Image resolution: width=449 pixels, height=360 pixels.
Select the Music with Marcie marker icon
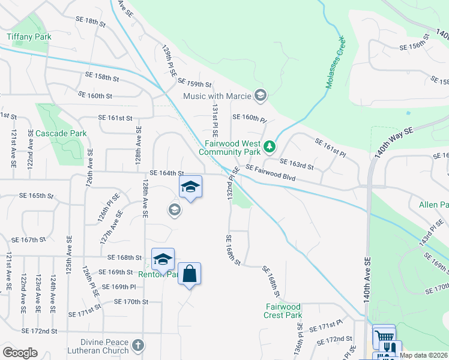point(261,95)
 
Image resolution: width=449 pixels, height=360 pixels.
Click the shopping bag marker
point(189,274)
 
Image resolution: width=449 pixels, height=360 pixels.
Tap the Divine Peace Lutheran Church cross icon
point(138,345)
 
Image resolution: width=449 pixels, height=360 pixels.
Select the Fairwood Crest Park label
point(283,311)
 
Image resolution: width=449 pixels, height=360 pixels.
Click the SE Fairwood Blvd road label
point(271,174)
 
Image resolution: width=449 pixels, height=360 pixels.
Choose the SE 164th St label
point(166,173)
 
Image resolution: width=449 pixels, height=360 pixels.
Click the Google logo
point(20,353)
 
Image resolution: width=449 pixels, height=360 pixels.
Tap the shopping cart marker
point(384,335)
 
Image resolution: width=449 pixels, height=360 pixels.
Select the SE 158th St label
point(102,76)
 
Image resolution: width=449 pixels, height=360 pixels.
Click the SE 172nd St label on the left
point(39,331)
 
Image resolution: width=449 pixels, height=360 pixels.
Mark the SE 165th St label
point(37,196)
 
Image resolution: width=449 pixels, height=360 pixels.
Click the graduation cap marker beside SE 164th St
point(190,187)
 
